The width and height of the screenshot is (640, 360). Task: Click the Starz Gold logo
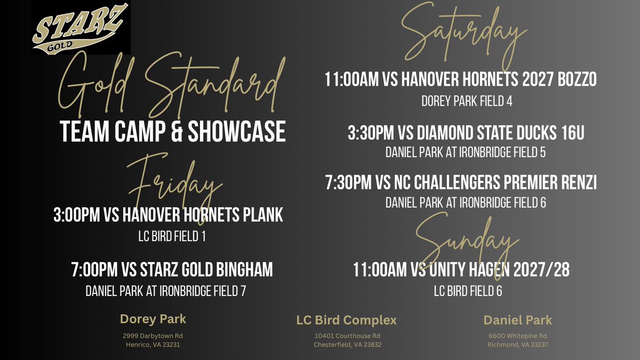[x=81, y=28]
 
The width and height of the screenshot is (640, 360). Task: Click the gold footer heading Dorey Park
[x=153, y=320]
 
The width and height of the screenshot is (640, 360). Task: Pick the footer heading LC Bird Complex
[x=347, y=321]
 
